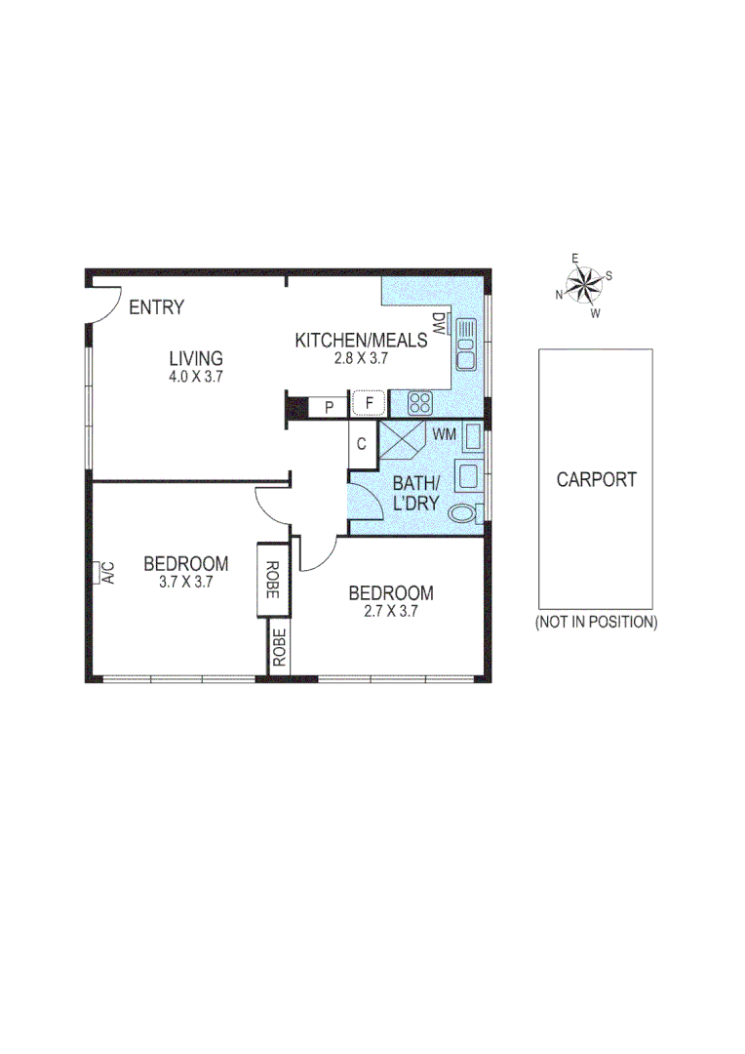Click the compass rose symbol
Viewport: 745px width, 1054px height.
[x=584, y=285]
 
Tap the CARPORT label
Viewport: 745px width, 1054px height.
[x=596, y=479]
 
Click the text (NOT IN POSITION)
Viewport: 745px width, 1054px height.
[x=596, y=622]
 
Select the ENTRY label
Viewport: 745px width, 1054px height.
[x=156, y=308]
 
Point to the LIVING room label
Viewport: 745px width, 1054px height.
[x=195, y=358]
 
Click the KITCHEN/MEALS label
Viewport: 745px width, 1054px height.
[x=361, y=341]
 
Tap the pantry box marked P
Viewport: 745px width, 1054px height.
[x=330, y=406]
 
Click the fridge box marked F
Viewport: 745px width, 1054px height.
[x=370, y=403]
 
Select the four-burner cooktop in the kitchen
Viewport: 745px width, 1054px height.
[x=420, y=402]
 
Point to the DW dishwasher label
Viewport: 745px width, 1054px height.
[x=438, y=324]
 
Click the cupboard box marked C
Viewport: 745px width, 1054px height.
[x=360, y=444]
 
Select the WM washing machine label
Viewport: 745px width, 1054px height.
[x=444, y=432]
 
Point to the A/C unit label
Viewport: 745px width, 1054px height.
[x=108, y=572]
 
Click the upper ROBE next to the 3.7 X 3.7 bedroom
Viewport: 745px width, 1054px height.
[x=272, y=580]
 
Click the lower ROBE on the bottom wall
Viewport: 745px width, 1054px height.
[x=280, y=649]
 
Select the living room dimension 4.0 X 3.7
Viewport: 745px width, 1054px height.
[x=195, y=377]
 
